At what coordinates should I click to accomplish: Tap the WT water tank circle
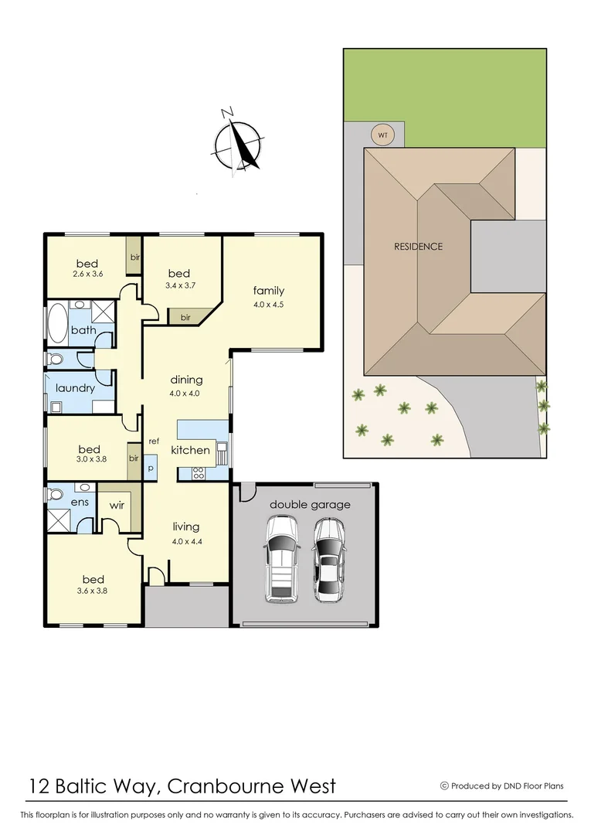pyautogui.click(x=382, y=135)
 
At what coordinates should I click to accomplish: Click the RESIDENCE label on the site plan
pyautogui.click(x=419, y=247)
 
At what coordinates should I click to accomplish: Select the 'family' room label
pyautogui.click(x=269, y=291)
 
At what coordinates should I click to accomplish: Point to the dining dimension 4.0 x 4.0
pyautogui.click(x=186, y=393)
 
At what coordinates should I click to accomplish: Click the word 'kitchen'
pyautogui.click(x=190, y=450)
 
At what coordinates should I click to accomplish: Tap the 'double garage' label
pyautogui.click(x=310, y=505)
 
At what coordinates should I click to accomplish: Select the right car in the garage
pyautogui.click(x=329, y=560)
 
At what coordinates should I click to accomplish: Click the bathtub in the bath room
pyautogui.click(x=58, y=323)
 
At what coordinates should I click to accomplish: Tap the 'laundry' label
pyautogui.click(x=75, y=388)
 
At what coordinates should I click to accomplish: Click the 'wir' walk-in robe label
pyautogui.click(x=117, y=505)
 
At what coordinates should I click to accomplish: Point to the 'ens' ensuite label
pyautogui.click(x=80, y=502)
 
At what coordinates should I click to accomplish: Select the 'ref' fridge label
pyautogui.click(x=154, y=441)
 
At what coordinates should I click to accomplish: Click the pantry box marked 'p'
pyautogui.click(x=151, y=467)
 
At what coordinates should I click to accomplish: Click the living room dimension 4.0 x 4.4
pyautogui.click(x=186, y=541)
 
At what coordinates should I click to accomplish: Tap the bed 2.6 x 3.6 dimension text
pyautogui.click(x=87, y=274)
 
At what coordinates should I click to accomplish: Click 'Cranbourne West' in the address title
pyautogui.click(x=252, y=786)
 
